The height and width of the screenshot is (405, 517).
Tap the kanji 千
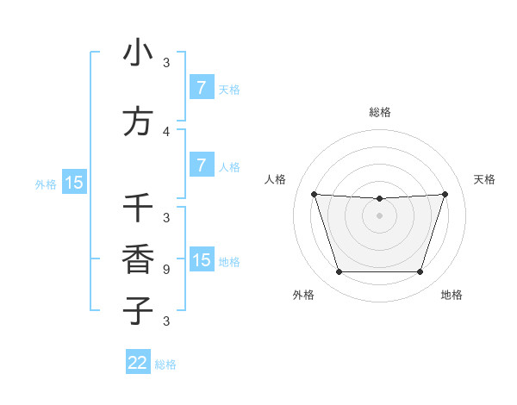tap(138, 208)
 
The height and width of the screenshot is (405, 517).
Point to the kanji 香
tap(138, 259)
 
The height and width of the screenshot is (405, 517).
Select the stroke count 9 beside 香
tap(166, 269)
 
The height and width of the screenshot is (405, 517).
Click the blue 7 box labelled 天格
tap(201, 88)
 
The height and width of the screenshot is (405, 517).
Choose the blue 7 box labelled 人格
tap(201, 165)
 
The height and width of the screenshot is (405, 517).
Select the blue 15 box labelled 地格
tap(201, 260)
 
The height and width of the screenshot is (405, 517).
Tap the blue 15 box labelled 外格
tap(74, 183)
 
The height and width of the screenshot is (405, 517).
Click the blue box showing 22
tap(138, 363)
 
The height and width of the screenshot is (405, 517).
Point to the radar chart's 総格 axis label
tap(380, 112)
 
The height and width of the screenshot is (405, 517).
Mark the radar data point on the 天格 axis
tap(445, 194)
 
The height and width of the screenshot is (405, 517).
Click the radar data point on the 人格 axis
tap(315, 194)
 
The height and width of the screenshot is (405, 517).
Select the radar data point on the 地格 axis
tap(420, 272)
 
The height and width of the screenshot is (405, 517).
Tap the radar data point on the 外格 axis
tap(339, 272)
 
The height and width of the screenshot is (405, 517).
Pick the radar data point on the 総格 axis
tap(380, 198)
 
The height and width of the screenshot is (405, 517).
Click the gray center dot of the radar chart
tap(380, 215)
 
